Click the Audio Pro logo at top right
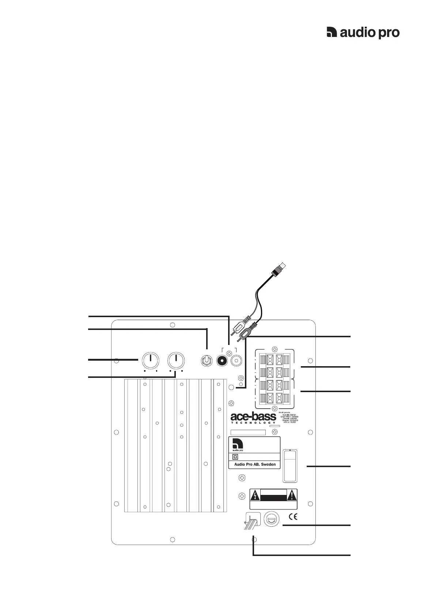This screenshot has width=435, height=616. (x=363, y=33)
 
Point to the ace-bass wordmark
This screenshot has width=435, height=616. (x=253, y=417)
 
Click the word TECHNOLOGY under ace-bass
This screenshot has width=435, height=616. (x=253, y=423)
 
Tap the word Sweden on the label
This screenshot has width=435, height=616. (x=268, y=465)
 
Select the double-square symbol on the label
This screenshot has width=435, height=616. (x=235, y=457)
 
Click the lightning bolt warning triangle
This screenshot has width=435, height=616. (x=254, y=496)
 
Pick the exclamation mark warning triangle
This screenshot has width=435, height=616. (x=292, y=496)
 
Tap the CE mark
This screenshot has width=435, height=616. (x=294, y=517)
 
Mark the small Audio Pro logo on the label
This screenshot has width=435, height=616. (x=238, y=445)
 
